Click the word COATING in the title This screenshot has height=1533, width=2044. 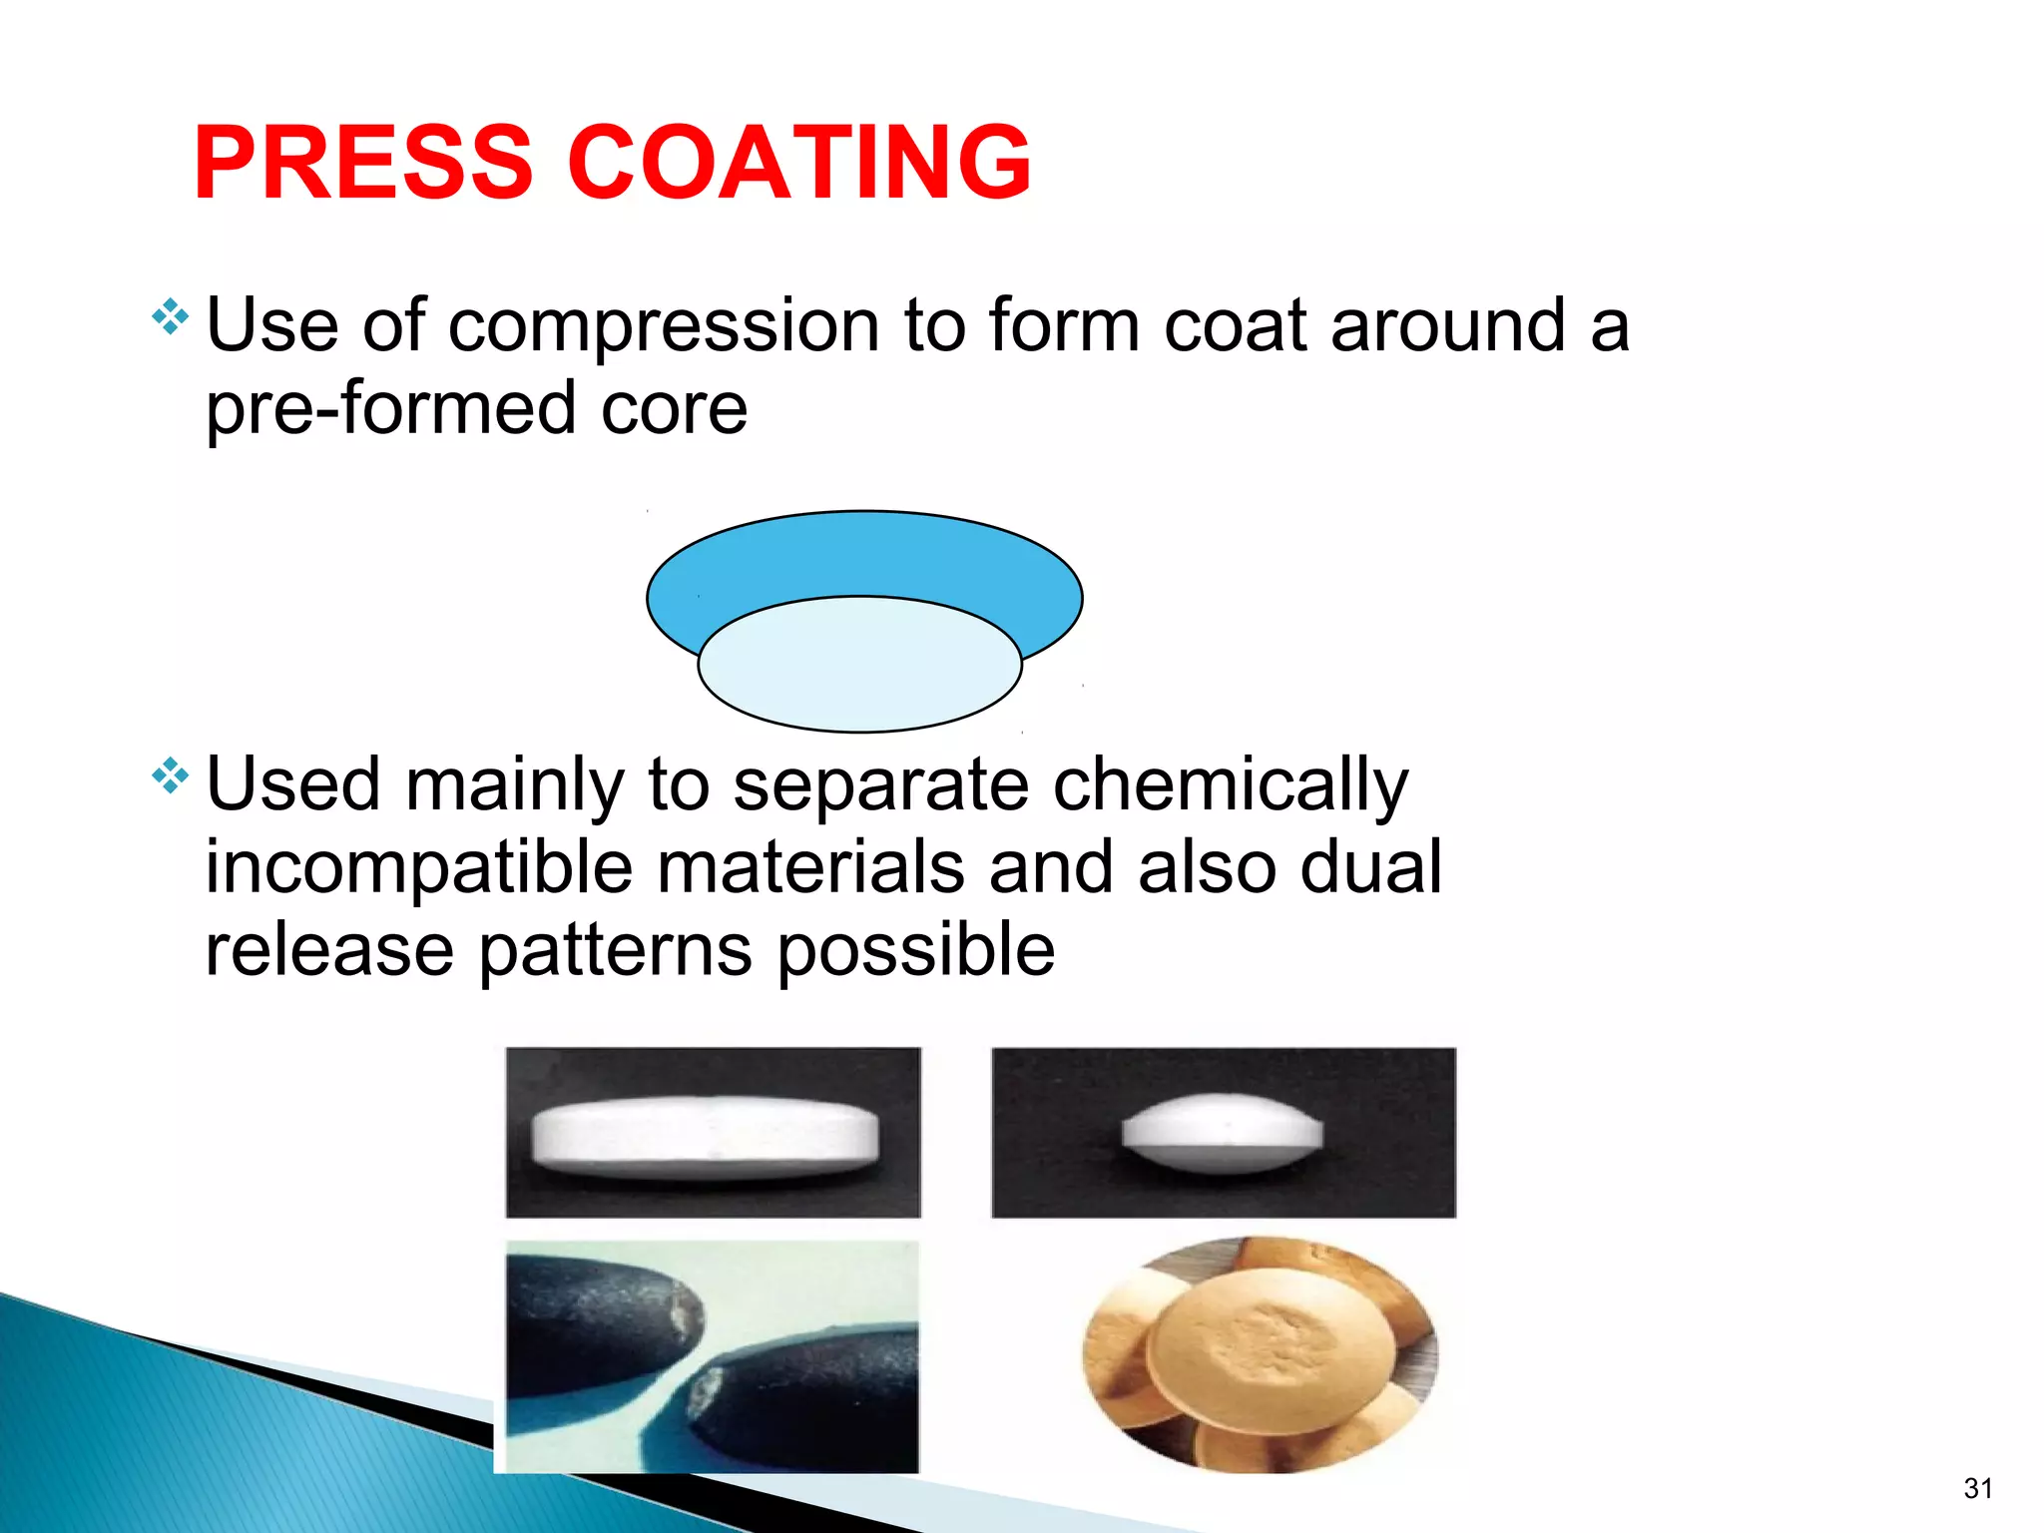tap(798, 163)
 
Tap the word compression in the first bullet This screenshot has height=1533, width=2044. tap(664, 326)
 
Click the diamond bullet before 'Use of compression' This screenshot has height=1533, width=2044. tap(170, 317)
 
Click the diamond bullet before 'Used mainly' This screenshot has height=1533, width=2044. tap(170, 775)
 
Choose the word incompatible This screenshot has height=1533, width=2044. tap(419, 867)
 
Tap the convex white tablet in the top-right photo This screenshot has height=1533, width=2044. tap(1222, 1133)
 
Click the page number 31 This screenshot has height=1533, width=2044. tap(1978, 1488)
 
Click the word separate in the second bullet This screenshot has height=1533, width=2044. tap(880, 785)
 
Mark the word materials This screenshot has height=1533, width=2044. tap(810, 867)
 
